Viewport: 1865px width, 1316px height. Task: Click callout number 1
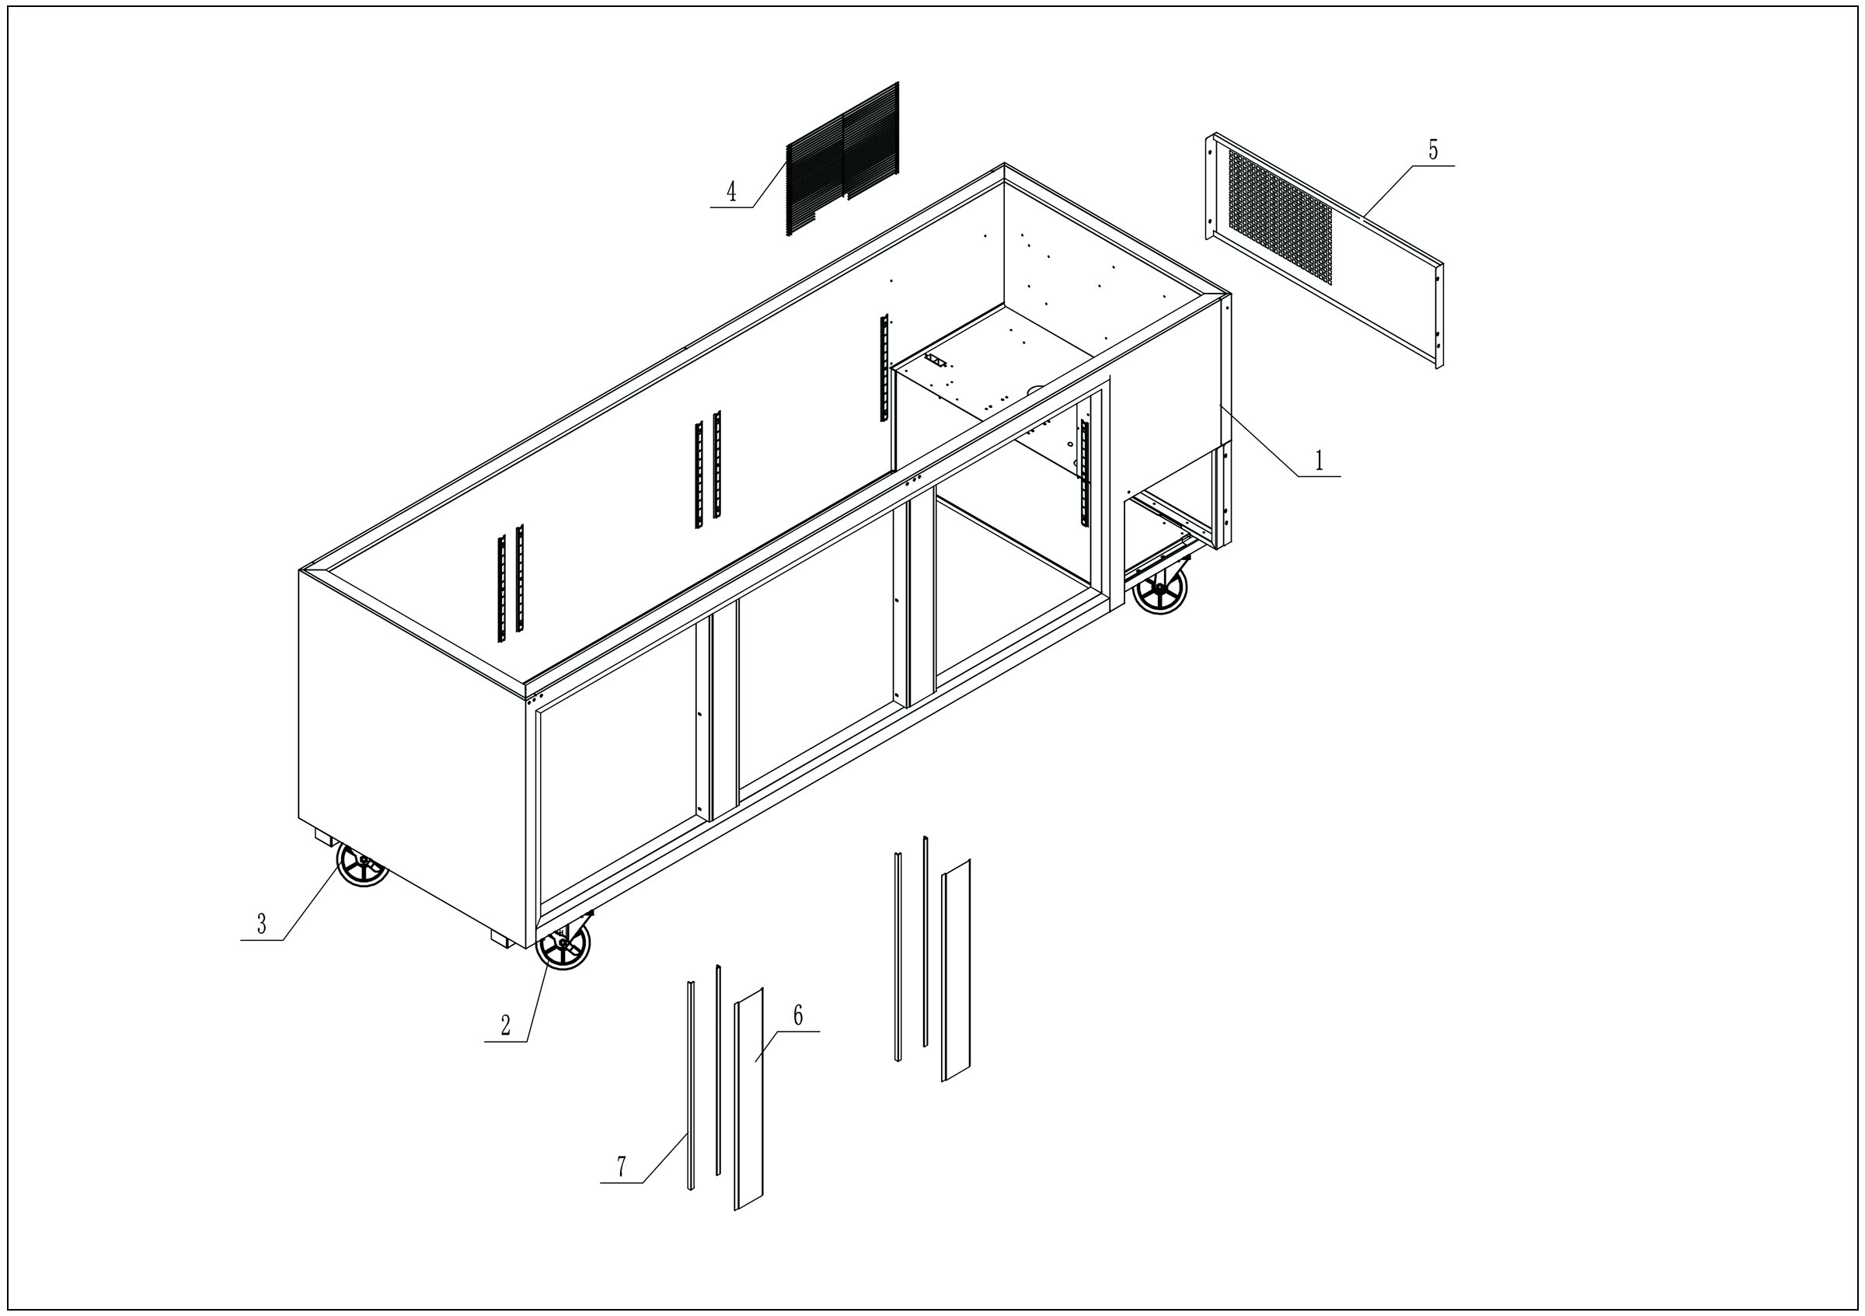(x=1319, y=461)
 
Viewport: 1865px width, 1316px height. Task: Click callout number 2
(x=505, y=1025)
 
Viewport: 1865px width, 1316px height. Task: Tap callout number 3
(x=262, y=924)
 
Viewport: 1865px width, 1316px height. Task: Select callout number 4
(x=731, y=193)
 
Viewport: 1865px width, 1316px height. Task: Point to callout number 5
(x=1433, y=150)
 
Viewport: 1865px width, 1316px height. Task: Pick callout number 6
(x=797, y=1015)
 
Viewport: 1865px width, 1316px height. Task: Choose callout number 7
(x=622, y=1167)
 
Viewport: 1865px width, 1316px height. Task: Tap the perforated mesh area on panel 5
(x=1279, y=215)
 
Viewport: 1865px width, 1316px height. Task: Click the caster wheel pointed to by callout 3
(x=362, y=864)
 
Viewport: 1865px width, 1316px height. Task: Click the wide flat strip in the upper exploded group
(x=956, y=970)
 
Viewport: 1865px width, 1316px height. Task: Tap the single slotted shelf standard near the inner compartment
(x=884, y=367)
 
